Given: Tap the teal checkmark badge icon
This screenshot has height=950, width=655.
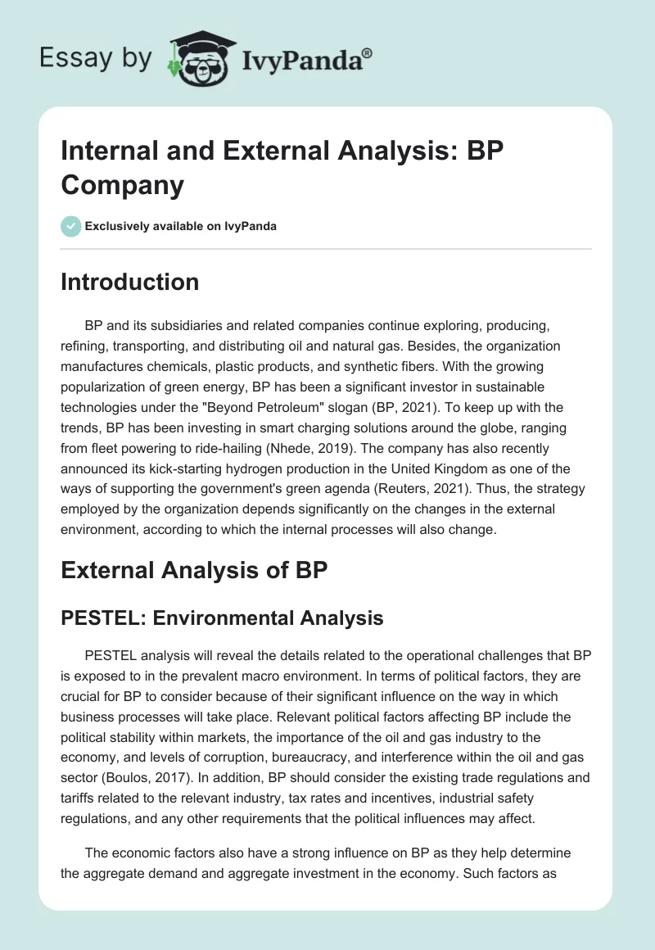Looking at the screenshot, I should tap(71, 226).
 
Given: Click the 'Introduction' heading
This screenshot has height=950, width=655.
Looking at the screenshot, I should tap(130, 282).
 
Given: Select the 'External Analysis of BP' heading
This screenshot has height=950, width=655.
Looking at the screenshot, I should tap(194, 571).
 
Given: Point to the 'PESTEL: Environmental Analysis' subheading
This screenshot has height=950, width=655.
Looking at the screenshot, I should tap(222, 617).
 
